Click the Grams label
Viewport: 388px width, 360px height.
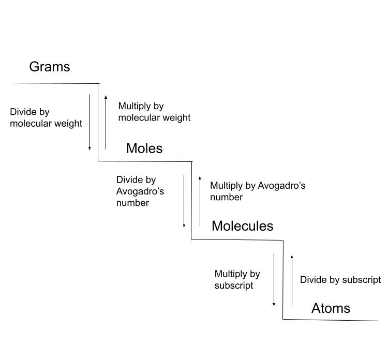[49, 67]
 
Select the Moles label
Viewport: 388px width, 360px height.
[144, 148]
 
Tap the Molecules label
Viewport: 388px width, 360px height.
[242, 226]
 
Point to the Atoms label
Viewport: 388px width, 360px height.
[331, 308]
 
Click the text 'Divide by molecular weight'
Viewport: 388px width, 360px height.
[46, 118]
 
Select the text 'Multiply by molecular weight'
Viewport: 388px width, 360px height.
[154, 112]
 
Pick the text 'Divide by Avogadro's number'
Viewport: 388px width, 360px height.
[140, 191]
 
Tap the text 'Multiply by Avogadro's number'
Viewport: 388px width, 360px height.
[258, 191]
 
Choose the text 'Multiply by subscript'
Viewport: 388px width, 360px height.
[237, 279]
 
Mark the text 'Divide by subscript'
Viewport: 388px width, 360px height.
[340, 280]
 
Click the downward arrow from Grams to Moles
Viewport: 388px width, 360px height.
[89, 123]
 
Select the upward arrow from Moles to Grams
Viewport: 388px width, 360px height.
[106, 123]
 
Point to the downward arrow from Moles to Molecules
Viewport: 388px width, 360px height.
[184, 201]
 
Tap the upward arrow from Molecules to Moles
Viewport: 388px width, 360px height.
[200, 201]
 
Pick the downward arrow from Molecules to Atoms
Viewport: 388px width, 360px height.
[274, 279]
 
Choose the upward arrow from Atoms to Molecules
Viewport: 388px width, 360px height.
[292, 279]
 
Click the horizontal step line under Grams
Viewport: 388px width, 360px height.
[56, 83]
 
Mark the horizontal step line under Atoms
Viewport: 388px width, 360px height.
[331, 320]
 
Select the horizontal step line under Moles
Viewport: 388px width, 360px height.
[145, 161]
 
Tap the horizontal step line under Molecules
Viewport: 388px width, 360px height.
[237, 239]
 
